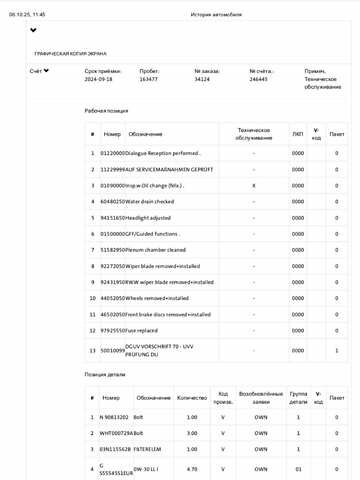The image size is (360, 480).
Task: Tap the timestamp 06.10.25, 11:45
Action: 27,16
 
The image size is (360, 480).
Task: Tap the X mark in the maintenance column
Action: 253,185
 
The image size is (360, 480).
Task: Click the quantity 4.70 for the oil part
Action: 192,467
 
